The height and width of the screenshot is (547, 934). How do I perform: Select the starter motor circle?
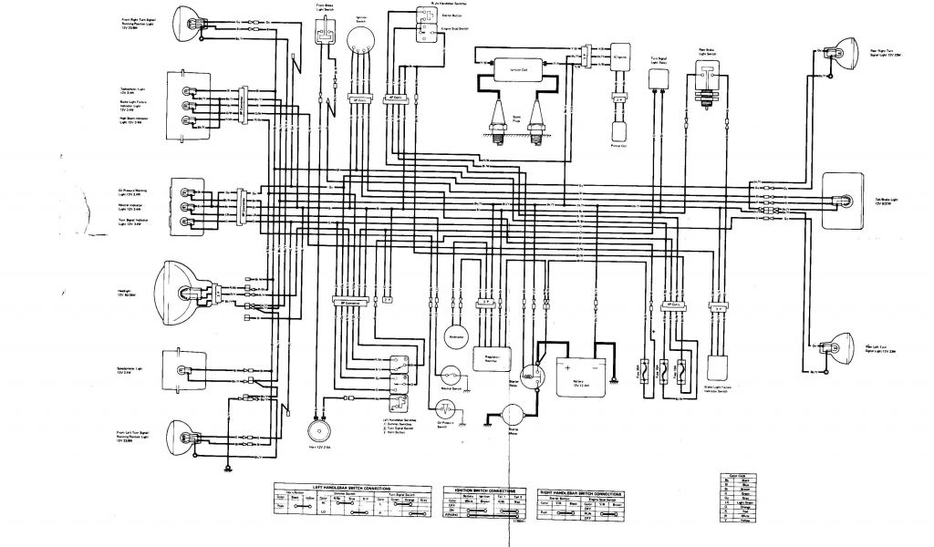point(508,415)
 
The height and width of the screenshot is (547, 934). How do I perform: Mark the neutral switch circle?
point(448,374)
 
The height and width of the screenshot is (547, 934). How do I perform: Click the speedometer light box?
point(182,365)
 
